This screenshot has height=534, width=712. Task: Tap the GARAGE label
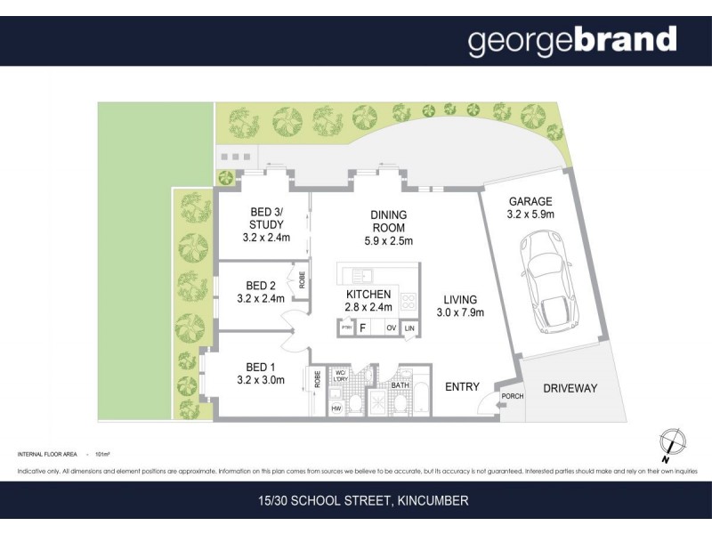coord(530,201)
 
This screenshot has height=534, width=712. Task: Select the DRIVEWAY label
coord(569,388)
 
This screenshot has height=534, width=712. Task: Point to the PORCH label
coord(511,397)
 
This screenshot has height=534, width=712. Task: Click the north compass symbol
coord(672,441)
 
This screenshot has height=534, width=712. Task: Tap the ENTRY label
coord(462,387)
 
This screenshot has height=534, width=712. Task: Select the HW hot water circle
coord(336,409)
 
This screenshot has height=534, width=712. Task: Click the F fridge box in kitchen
coord(363,328)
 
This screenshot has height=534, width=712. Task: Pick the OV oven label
coord(391,328)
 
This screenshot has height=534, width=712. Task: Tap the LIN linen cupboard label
coord(409,328)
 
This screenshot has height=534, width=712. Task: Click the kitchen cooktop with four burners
coord(409,303)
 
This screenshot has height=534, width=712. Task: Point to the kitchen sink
coord(360,274)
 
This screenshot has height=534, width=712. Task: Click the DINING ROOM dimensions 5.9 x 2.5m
coord(389,240)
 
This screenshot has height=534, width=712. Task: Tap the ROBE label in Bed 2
coord(302,279)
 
